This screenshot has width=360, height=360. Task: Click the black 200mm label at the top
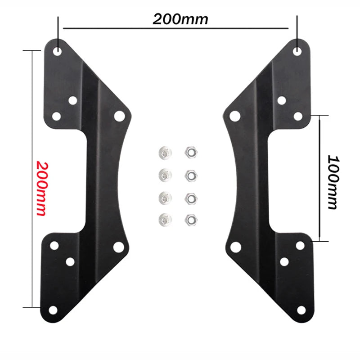(180, 19)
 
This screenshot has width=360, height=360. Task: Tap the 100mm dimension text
(333, 182)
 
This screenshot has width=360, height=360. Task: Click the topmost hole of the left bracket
(58, 51)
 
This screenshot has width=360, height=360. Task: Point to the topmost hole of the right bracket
(297, 51)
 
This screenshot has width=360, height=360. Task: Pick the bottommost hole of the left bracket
(53, 310)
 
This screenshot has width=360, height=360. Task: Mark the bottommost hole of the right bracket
(301, 310)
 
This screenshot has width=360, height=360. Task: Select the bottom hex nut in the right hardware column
(190, 220)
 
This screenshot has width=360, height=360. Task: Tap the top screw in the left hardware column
(164, 153)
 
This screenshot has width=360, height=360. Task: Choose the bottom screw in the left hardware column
(164, 220)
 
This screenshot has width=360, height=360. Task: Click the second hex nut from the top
(190, 174)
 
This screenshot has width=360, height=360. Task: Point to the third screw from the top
(164, 197)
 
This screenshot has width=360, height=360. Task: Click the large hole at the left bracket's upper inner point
(119, 116)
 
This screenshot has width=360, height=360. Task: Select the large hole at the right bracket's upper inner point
(234, 116)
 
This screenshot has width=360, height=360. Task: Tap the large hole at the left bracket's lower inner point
(118, 247)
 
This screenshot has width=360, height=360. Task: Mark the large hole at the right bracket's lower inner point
(234, 247)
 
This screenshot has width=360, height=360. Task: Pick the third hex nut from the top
(190, 197)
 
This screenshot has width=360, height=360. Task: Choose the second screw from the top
(164, 174)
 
